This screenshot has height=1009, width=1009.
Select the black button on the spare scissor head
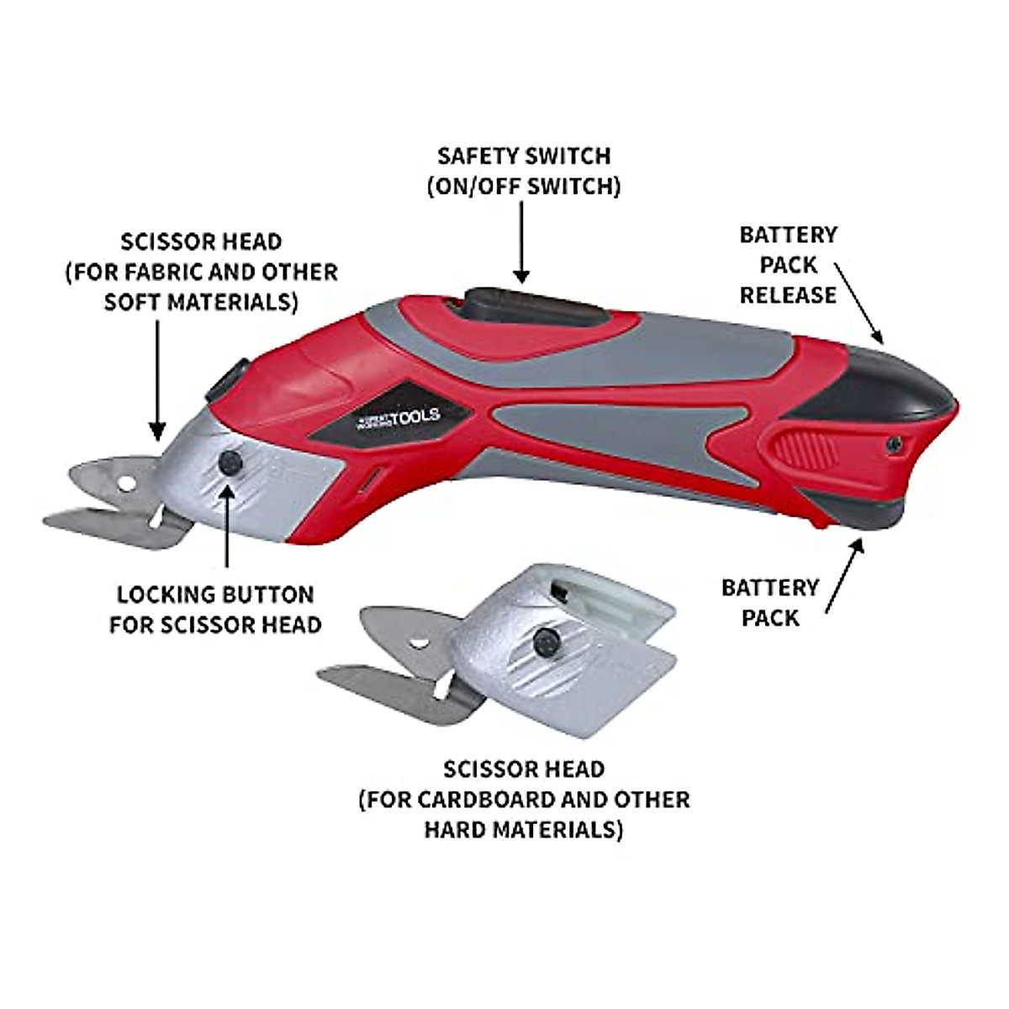click(547, 643)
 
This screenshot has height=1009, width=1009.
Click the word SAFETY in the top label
click(476, 156)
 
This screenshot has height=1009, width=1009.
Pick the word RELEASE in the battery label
click(788, 295)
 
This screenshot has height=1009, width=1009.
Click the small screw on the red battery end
click(895, 443)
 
